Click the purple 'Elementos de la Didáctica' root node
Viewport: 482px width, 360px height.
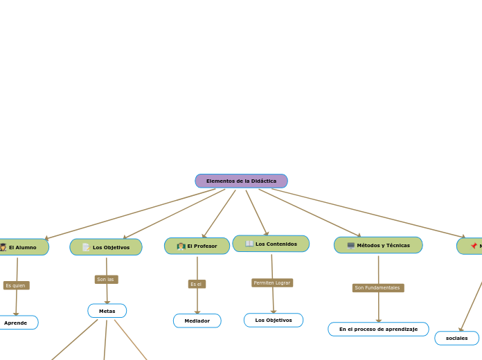click(x=241, y=181)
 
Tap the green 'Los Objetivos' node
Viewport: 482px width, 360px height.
click(x=106, y=247)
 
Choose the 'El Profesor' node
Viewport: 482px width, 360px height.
click(x=197, y=246)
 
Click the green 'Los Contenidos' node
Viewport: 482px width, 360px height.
click(x=271, y=244)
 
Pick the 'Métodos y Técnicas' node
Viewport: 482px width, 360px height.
click(x=378, y=245)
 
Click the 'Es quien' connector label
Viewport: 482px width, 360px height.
click(x=16, y=285)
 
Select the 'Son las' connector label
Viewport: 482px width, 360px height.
click(x=106, y=280)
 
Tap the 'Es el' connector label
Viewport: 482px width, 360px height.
click(x=197, y=284)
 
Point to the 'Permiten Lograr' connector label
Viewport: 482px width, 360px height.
click(x=272, y=282)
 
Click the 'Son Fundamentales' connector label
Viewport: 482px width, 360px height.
click(x=377, y=288)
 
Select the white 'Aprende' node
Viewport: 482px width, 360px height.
click(x=16, y=323)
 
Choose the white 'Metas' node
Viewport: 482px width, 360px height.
click(x=107, y=311)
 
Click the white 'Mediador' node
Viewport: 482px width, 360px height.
click(x=197, y=321)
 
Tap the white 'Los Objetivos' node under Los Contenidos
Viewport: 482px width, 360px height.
click(x=274, y=320)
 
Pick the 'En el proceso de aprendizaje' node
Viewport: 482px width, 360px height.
click(x=378, y=329)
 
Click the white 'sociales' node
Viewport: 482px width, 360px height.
click(x=457, y=338)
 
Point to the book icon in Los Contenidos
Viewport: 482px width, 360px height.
click(x=249, y=244)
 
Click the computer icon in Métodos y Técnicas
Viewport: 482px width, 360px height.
click(x=350, y=245)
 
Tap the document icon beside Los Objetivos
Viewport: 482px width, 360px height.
click(x=86, y=247)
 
